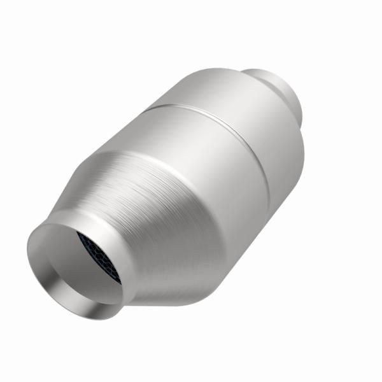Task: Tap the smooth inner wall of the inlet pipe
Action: click(x=60, y=255)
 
